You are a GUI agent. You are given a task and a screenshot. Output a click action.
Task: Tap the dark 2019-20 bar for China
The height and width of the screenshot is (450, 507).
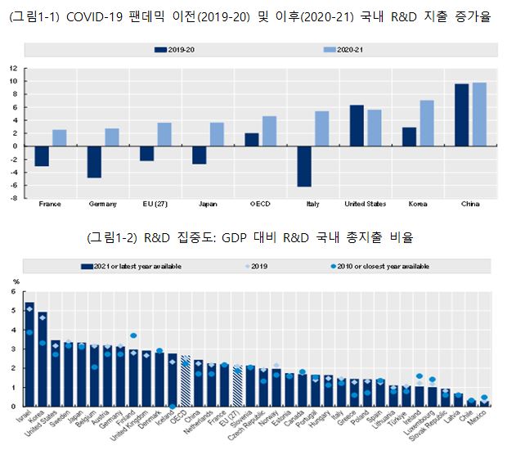point(462,115)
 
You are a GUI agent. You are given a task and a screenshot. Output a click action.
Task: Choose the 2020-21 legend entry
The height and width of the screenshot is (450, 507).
point(339,50)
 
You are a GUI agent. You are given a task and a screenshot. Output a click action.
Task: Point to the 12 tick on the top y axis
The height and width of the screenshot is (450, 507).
point(14,69)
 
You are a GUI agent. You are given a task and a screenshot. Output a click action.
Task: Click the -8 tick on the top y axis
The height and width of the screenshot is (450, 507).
point(14,197)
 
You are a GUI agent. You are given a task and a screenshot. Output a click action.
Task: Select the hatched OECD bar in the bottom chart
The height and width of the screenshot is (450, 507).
point(186,381)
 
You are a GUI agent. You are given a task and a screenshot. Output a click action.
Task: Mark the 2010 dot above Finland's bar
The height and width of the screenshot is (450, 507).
point(133,335)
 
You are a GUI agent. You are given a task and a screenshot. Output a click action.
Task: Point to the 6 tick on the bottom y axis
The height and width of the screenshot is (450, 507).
point(13,292)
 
